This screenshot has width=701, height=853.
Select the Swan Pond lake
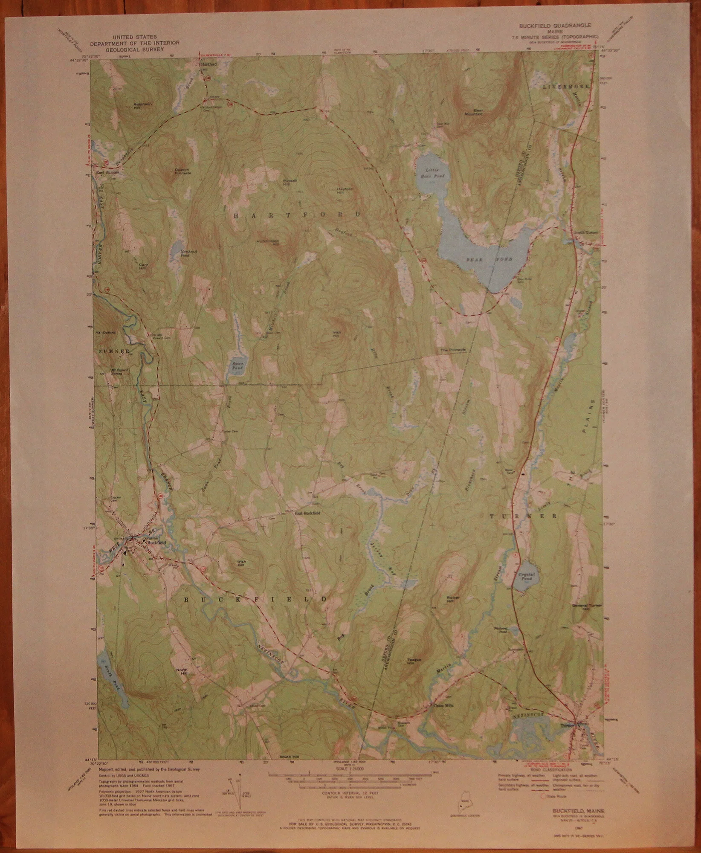[x=236, y=366]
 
